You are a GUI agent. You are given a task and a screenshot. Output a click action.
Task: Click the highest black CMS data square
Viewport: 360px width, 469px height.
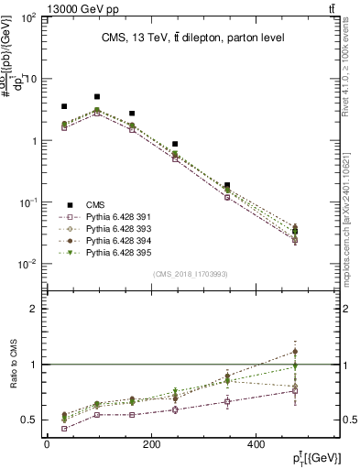click(x=97, y=96)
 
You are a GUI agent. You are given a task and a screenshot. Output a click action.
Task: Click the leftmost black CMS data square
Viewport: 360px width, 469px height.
click(x=63, y=106)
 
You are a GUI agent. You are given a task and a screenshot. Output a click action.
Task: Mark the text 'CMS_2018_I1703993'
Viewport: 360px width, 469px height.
click(x=191, y=274)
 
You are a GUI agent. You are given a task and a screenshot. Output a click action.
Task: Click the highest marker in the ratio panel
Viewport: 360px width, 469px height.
click(x=294, y=351)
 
